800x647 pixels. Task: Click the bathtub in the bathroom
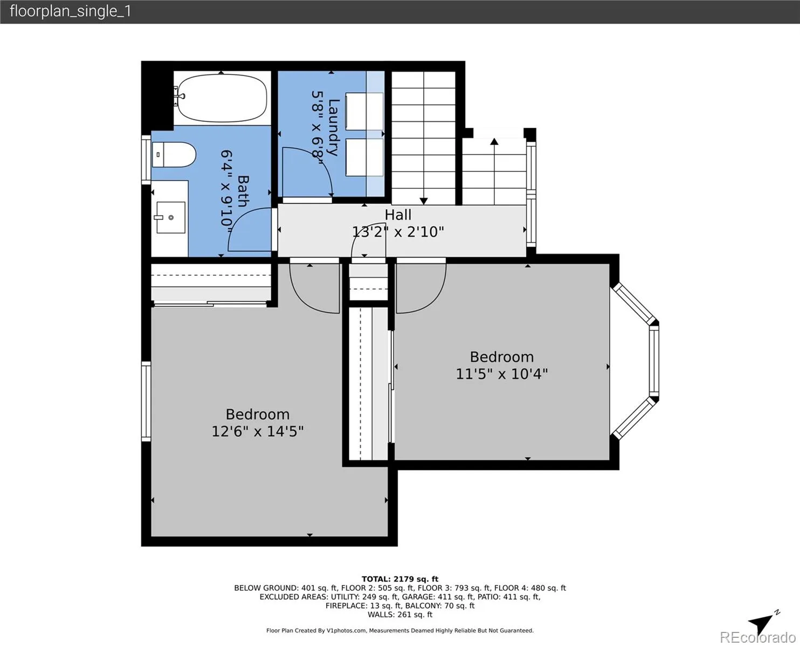click(222, 98)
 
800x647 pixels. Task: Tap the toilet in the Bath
click(174, 154)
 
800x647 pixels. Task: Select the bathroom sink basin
click(171, 217)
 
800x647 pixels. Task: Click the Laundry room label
click(334, 127)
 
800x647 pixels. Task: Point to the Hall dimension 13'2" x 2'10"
click(398, 232)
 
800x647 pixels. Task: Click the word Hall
click(398, 215)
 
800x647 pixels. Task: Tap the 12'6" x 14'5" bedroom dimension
click(257, 431)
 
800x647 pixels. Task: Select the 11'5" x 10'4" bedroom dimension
click(502, 374)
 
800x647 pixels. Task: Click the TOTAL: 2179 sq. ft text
click(400, 579)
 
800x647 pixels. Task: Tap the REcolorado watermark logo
click(757, 637)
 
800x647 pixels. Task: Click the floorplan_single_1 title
click(70, 11)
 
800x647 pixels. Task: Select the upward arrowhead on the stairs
click(494, 142)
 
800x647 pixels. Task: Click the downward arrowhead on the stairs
click(424, 201)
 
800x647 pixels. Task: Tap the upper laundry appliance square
click(364, 112)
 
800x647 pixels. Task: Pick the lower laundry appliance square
click(364, 157)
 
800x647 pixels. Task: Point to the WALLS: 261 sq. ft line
click(400, 615)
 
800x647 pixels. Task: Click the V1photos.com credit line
click(400, 630)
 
